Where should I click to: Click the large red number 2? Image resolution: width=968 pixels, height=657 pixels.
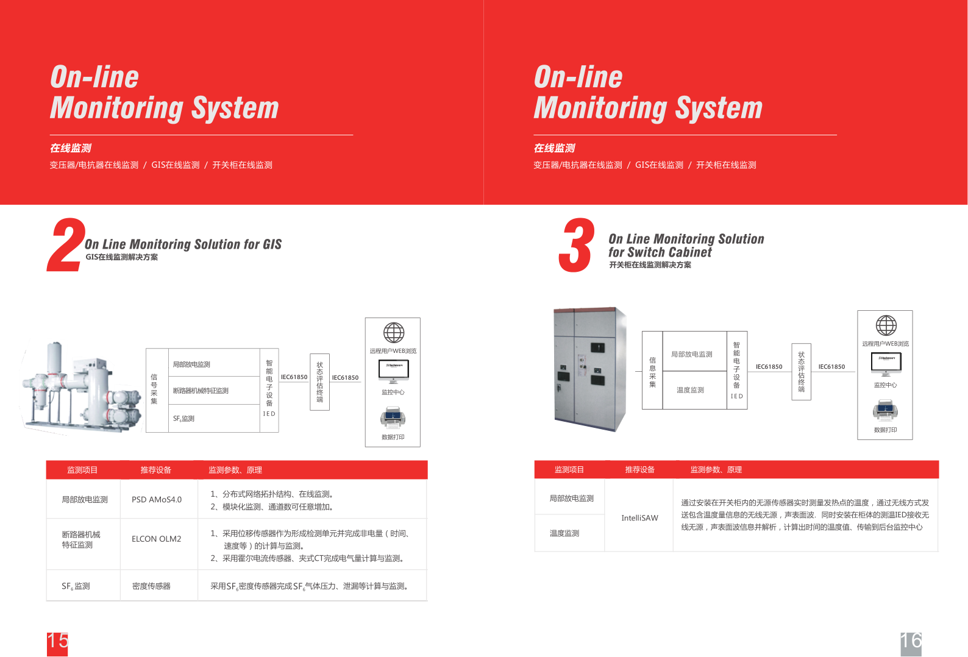66,245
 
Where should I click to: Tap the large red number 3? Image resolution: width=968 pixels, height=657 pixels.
575,245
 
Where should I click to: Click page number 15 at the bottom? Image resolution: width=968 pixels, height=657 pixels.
57,642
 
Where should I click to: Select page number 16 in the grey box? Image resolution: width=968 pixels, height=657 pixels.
911,642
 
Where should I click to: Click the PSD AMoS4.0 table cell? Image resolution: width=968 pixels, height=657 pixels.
157,500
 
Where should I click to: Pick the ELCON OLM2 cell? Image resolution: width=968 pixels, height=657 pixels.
157,539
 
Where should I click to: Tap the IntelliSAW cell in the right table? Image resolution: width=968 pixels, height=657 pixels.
639,518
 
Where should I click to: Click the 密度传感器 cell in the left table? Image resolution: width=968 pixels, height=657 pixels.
151,586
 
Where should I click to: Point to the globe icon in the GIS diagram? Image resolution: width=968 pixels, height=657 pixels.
394,333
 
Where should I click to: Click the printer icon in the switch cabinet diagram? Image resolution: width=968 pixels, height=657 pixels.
885,411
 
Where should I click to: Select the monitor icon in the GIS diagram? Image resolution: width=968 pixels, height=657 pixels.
393,371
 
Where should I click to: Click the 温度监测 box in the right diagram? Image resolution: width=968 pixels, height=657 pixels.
690,390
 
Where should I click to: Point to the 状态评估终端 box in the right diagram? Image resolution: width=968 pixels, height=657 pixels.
801,372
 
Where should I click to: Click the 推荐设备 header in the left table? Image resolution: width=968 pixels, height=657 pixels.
156,470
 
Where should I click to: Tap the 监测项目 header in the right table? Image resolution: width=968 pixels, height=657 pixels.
569,470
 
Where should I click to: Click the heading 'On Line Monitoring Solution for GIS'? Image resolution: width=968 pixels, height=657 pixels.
183,244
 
